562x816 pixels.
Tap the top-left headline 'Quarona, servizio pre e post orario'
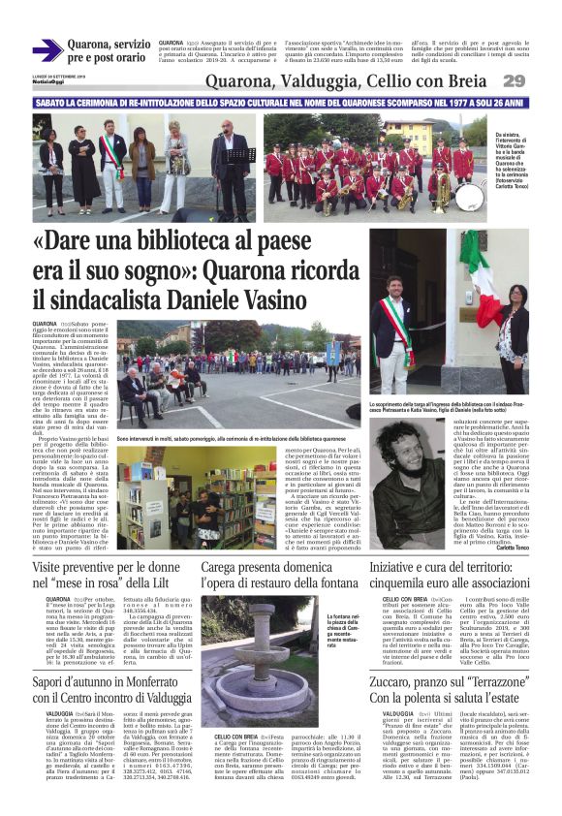pyautogui.click(x=108, y=51)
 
